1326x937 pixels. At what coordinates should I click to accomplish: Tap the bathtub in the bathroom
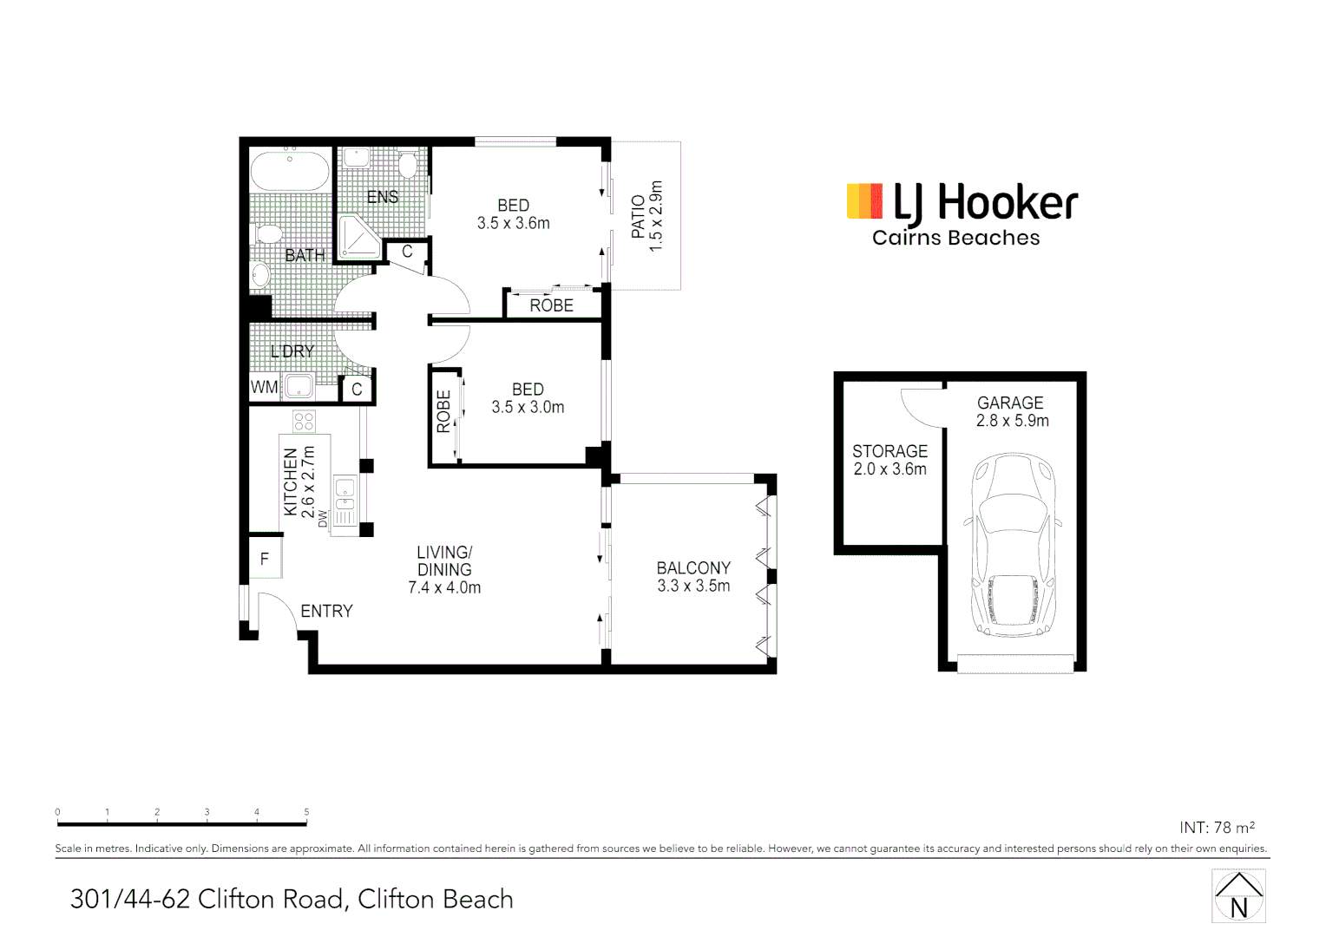(x=290, y=171)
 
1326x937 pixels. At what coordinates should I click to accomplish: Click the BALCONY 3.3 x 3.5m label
(x=693, y=577)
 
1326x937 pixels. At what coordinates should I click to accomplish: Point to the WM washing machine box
(x=264, y=388)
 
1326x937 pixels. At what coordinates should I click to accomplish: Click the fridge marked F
(x=265, y=560)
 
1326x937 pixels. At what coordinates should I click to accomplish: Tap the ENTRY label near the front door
(x=326, y=612)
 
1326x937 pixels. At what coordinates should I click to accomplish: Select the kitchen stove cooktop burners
(x=304, y=422)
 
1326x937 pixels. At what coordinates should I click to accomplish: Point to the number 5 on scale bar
(x=306, y=812)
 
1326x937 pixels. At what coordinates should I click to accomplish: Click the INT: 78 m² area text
(x=1217, y=828)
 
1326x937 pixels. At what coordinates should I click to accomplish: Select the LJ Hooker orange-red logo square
(x=864, y=200)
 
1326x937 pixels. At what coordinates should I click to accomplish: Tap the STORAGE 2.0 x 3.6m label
(x=889, y=460)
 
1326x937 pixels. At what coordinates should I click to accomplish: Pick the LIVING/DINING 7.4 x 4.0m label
(x=444, y=570)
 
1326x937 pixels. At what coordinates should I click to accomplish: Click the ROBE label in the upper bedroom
(x=551, y=305)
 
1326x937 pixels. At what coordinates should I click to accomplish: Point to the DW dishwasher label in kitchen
(x=323, y=519)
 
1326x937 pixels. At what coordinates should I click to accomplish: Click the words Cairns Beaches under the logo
(x=955, y=239)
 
